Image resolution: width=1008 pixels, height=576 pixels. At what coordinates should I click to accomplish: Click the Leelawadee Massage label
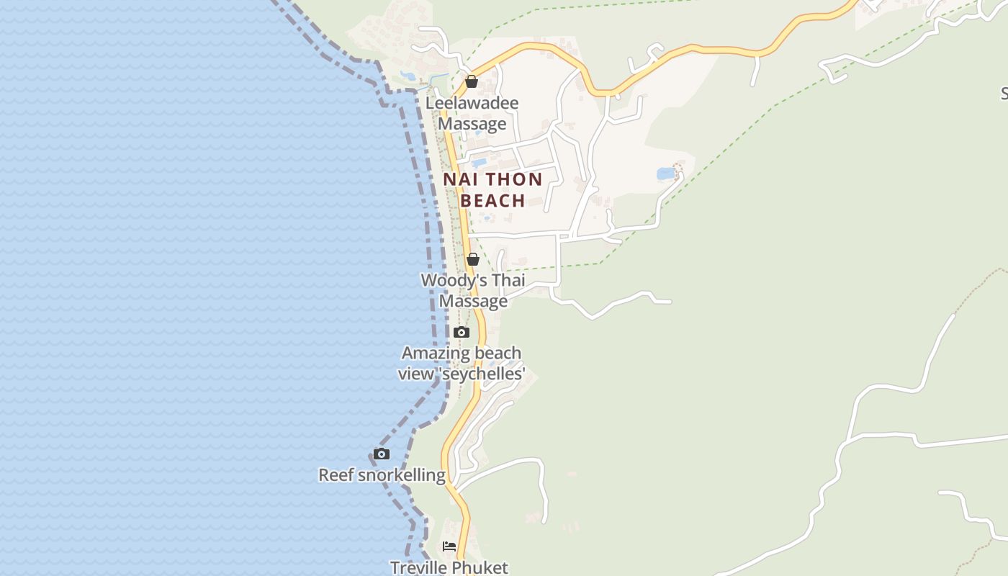tap(472, 114)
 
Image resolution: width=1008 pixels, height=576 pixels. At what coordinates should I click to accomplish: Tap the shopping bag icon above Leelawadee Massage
tap(472, 81)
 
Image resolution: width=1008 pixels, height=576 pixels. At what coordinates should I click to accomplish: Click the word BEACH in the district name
tap(492, 201)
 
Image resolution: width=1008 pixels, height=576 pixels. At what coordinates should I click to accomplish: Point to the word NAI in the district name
tap(459, 179)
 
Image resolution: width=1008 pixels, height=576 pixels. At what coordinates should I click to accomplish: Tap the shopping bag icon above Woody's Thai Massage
tap(473, 259)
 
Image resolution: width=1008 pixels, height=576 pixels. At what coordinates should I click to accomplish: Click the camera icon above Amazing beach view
tap(462, 332)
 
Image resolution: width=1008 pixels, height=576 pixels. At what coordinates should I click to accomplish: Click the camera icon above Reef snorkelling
tap(382, 454)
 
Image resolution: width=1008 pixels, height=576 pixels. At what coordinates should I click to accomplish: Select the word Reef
tap(336, 475)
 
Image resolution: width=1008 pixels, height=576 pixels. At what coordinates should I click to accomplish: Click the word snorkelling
tap(401, 475)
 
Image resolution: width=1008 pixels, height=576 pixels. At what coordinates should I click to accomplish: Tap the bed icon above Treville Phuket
tap(449, 546)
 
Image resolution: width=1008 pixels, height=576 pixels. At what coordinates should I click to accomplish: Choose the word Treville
tap(420, 568)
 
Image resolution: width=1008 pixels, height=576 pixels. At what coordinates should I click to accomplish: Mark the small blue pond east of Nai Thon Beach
tap(666, 174)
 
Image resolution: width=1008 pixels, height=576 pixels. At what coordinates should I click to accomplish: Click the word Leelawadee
tap(472, 103)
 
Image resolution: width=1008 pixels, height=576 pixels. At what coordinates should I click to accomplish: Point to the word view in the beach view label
tap(415, 374)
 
